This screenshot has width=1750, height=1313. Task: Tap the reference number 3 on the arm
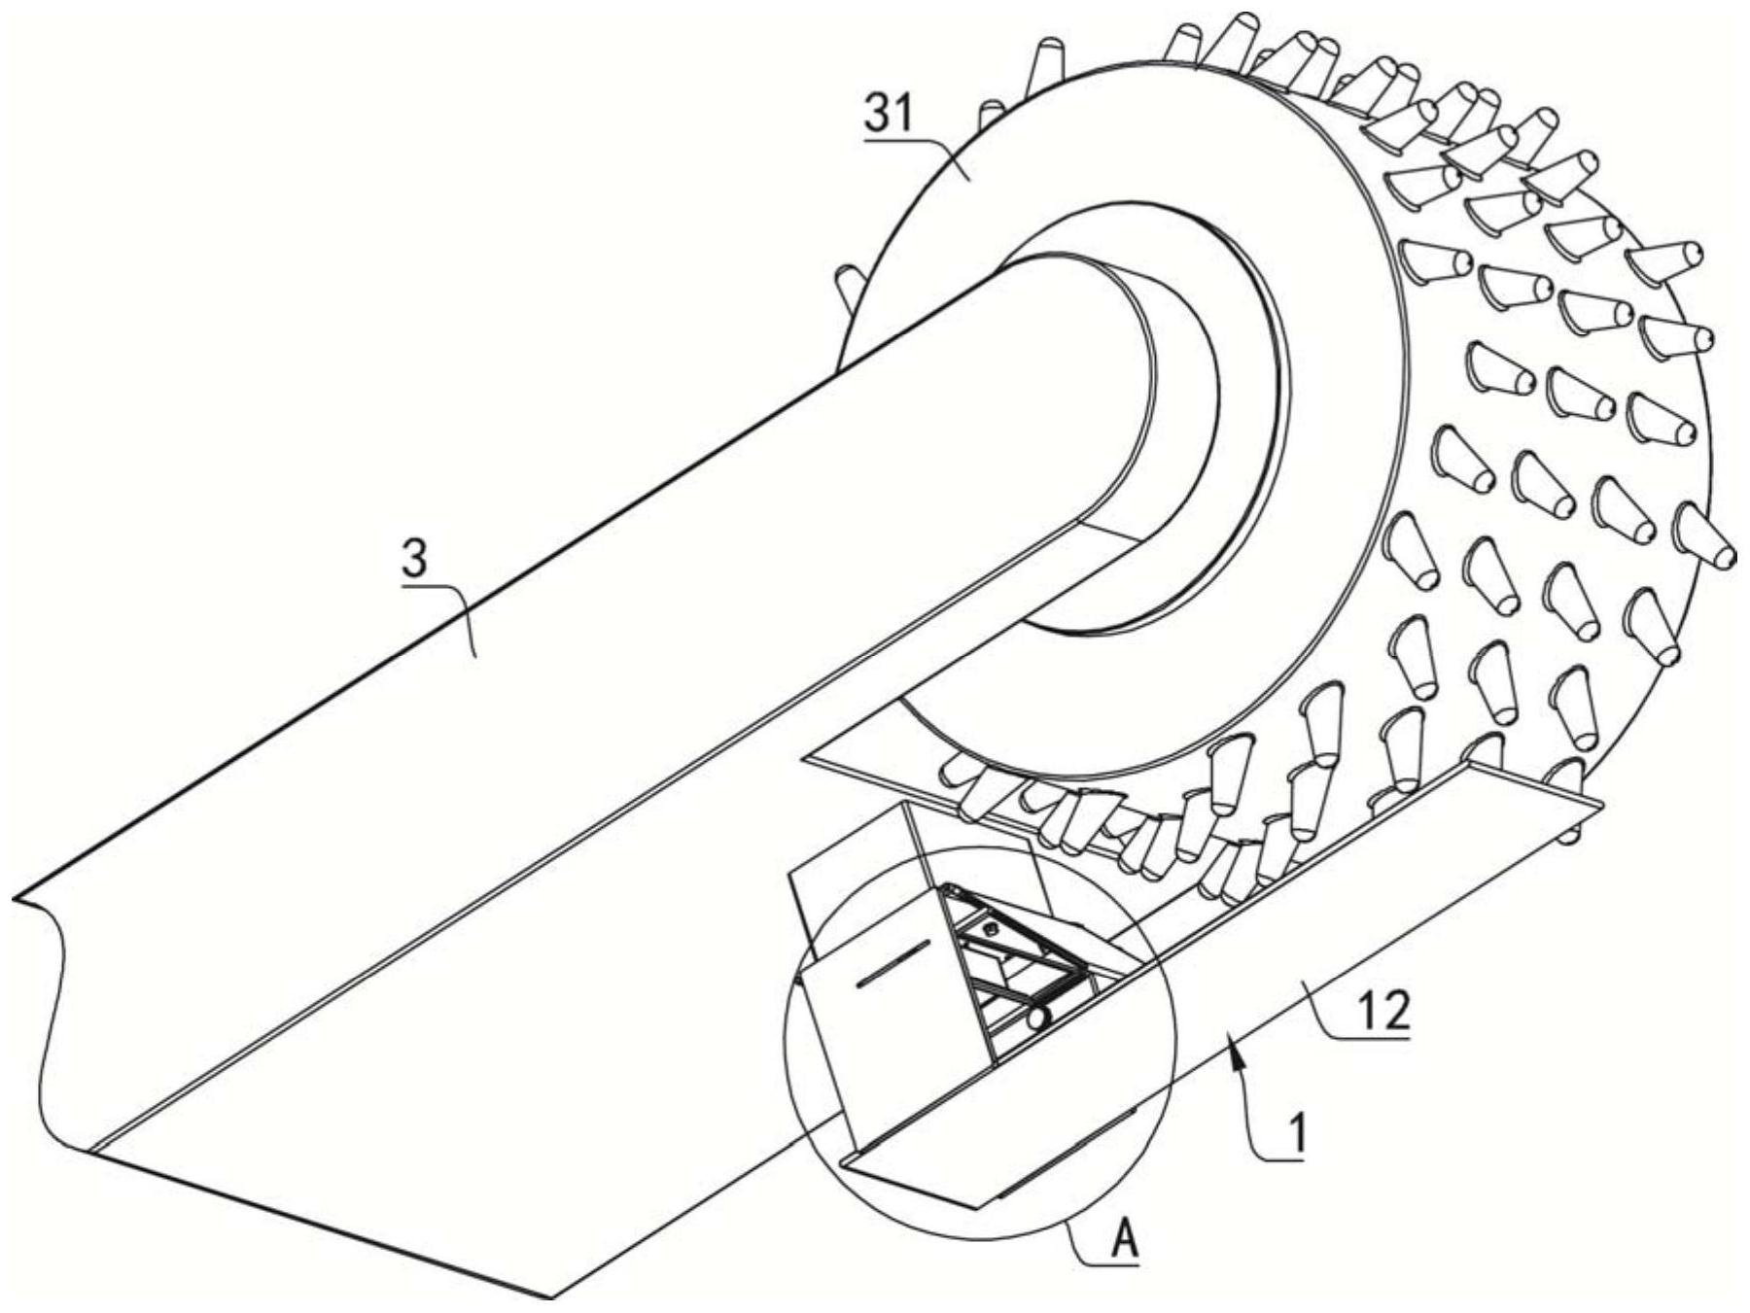415,562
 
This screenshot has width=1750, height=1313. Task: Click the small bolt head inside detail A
991,930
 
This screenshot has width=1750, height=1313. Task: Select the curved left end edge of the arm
49,1020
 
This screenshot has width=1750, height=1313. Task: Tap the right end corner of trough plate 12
1600,805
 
